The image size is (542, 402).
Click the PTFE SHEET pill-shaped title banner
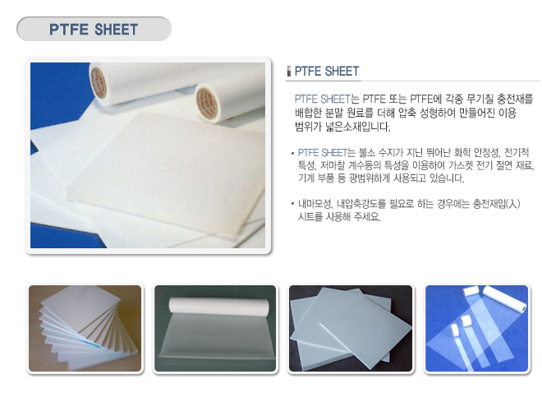coord(94,29)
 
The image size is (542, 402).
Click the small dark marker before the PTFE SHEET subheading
coord(289,71)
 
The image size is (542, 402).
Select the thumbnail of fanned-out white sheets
coord(85,328)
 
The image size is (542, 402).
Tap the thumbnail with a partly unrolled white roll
coord(215,328)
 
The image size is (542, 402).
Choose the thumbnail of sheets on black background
coord(351,328)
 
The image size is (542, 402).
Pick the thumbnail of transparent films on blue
coord(476,328)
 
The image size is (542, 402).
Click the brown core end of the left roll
coord(99,82)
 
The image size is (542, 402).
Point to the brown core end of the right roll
coord(207,103)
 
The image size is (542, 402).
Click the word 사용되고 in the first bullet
coord(410,178)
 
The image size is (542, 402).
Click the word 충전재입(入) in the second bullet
coord(497,204)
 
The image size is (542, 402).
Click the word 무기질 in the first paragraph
coord(480,99)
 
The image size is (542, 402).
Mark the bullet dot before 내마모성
coord(292,204)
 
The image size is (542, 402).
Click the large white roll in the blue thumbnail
coord(504,298)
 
